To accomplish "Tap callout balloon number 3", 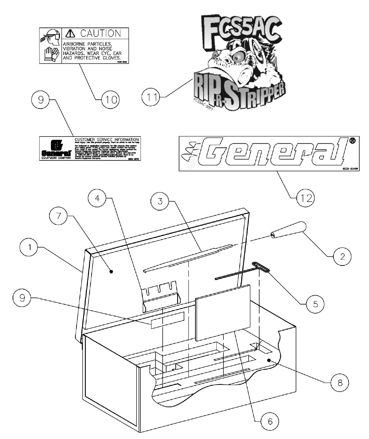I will pyautogui.click(x=161, y=202).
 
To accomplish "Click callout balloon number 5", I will pyautogui.click(x=315, y=304).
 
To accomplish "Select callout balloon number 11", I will pyautogui.click(x=151, y=97).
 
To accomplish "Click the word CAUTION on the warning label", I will pyautogui.click(x=100, y=33).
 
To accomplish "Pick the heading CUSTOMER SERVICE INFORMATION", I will pyautogui.click(x=106, y=139).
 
